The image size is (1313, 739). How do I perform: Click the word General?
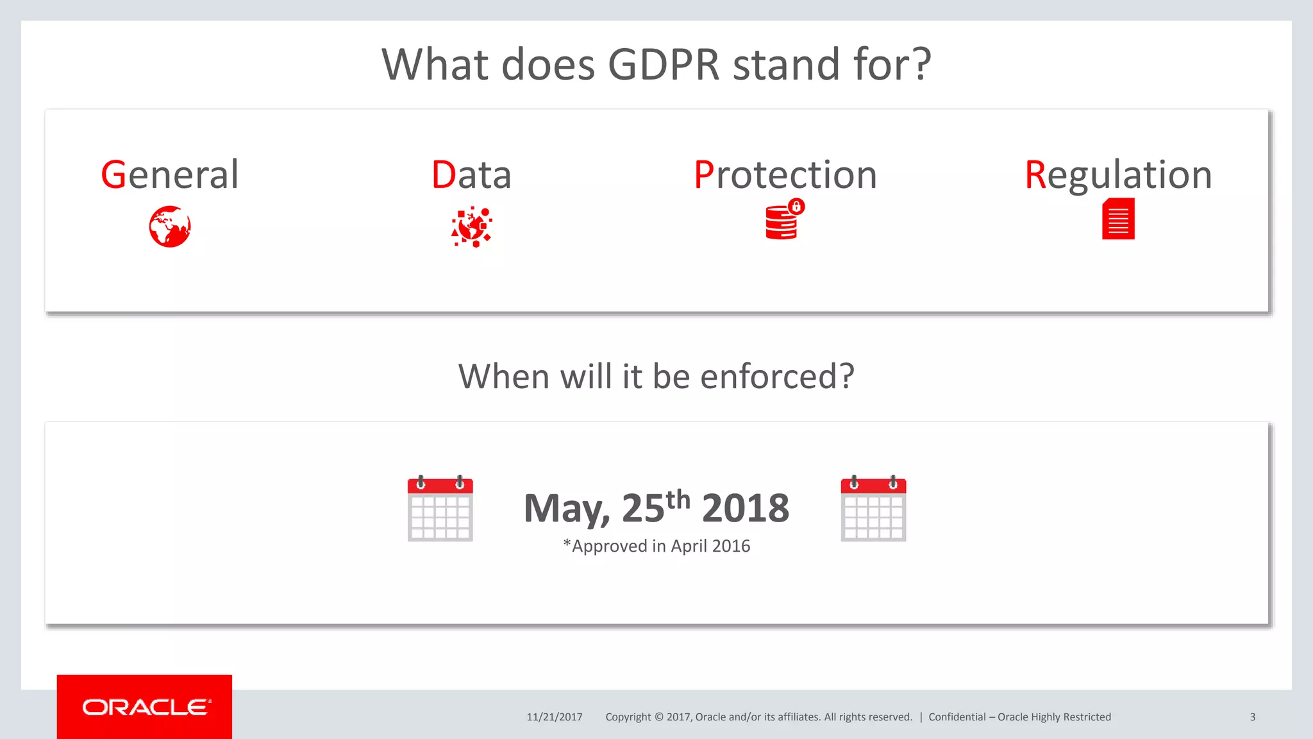pos(170,174)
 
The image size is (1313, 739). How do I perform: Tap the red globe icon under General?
pos(170,226)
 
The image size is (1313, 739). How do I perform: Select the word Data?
pos(471,174)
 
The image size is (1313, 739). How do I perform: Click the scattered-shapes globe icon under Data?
pos(472,226)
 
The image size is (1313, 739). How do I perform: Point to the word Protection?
pos(785,174)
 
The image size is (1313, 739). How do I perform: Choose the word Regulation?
pos(1118,174)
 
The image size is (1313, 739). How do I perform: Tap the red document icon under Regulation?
pos(1118,219)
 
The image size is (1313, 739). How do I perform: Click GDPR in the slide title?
pos(664,65)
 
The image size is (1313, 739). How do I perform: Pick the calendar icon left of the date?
pos(440,509)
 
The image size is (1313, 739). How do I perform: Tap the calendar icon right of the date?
pos(873,509)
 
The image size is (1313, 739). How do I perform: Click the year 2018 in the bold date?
pos(746,508)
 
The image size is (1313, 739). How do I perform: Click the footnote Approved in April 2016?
pos(657,546)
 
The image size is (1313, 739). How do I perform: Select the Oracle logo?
pos(145,707)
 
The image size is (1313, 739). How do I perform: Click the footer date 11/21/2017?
pos(555,717)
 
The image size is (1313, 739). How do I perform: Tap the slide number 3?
pos(1252,717)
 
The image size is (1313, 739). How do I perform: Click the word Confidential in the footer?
pos(957,717)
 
